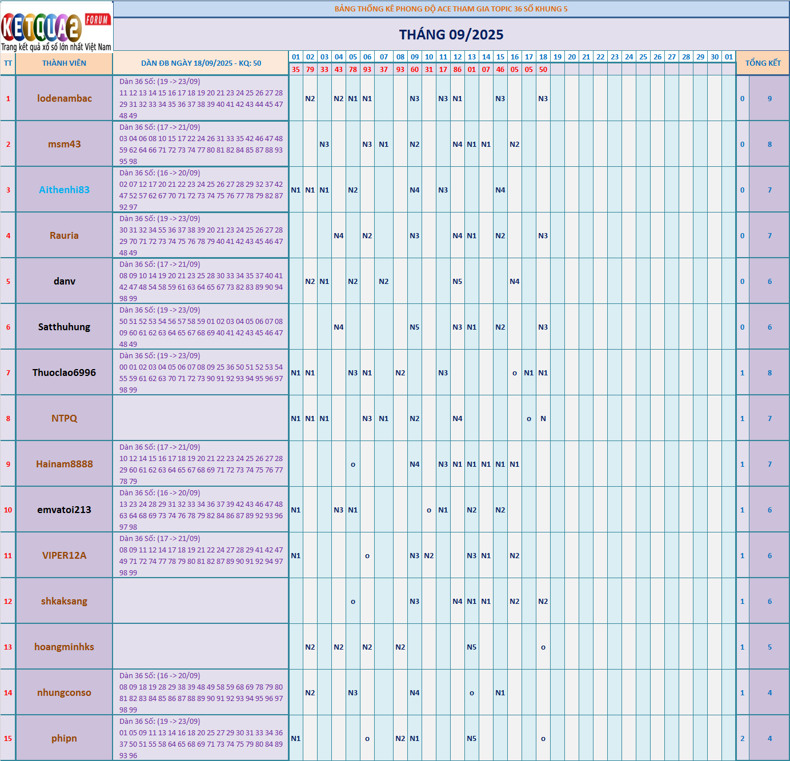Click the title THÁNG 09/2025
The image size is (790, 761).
pos(451,35)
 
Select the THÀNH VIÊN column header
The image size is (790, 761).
pos(64,63)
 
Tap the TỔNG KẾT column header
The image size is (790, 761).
pos(763,63)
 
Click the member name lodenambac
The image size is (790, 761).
pos(64,98)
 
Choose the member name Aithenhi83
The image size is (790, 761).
pos(64,190)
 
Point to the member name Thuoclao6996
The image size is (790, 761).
pos(64,373)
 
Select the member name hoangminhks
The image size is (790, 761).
pos(64,647)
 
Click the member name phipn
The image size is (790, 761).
pos(64,738)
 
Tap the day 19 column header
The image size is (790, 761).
pos(558,57)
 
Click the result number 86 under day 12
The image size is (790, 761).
pos(458,70)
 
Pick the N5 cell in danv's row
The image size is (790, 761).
pos(458,281)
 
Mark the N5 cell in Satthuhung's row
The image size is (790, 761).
pos(415,327)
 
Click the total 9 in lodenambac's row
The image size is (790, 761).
pos(769,98)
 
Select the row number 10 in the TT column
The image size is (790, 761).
pos(8,510)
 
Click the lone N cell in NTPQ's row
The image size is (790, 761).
pos(543,418)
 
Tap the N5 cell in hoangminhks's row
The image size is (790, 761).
pos(472,647)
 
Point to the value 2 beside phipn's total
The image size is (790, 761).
pos(742,738)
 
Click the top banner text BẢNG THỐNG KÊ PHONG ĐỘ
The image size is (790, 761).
pos(451,9)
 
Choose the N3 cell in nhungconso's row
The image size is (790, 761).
pos(353,692)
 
